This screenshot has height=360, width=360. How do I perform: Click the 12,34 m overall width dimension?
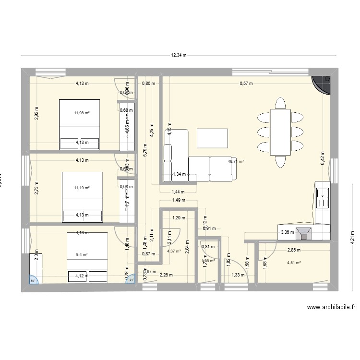point(179,55)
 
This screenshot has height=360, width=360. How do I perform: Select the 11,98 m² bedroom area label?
point(82,113)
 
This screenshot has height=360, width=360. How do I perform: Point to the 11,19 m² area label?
point(82,188)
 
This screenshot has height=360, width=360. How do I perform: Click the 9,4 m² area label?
point(82,255)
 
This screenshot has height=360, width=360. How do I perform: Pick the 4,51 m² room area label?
point(294,263)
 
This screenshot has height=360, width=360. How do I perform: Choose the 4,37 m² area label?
point(174,251)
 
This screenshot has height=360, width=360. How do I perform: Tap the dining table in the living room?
point(280,132)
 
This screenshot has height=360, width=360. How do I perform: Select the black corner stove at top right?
point(321,84)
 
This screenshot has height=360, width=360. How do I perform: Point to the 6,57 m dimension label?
point(247,84)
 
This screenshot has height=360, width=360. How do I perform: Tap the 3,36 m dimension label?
point(287,232)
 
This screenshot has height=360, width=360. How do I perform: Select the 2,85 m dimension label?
point(294,250)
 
